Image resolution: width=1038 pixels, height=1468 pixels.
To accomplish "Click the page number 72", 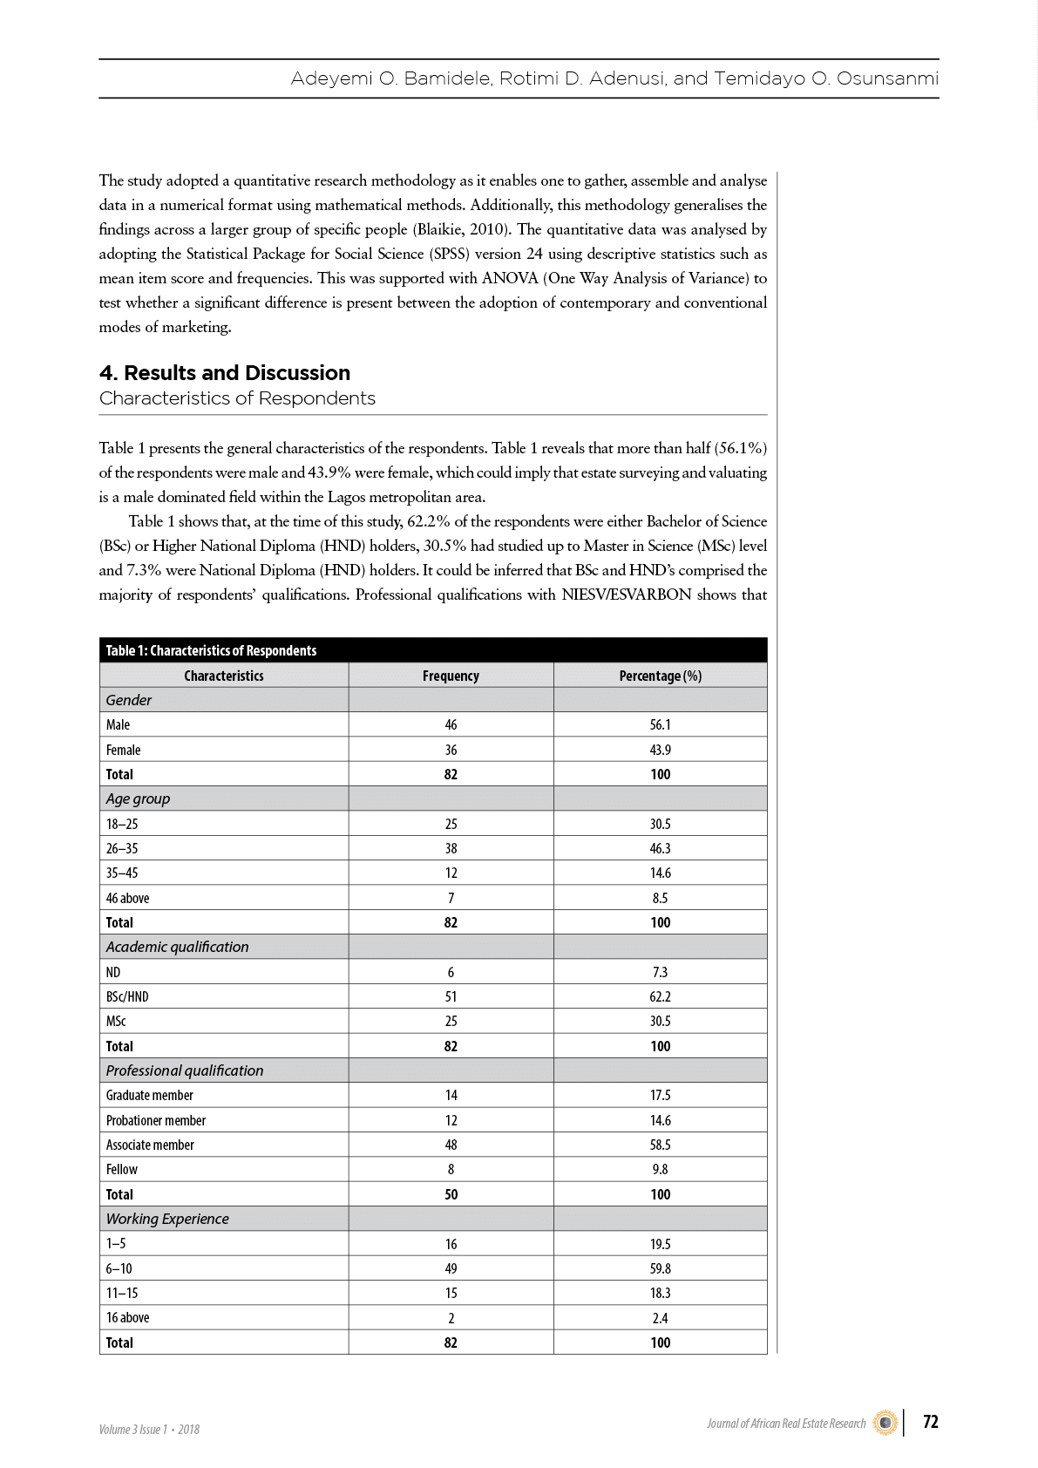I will pos(930,1422).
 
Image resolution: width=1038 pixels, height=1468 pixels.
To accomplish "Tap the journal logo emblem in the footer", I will pos(885,1423).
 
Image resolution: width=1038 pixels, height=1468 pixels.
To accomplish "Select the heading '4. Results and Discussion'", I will pos(225,373).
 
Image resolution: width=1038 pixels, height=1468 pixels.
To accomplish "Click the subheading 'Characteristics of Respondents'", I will pos(237,398).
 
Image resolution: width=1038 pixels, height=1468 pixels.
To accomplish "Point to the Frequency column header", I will pos(451,676).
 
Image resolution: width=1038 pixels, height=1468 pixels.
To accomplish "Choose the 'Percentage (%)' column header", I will pos(660,676).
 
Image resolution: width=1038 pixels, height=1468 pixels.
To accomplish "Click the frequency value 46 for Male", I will pos(451,725).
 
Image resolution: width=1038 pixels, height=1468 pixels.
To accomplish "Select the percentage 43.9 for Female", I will pos(660,750).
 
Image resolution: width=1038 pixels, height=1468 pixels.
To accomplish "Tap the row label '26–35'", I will pos(122,848).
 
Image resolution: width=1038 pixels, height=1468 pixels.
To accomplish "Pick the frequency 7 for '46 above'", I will pos(451,898).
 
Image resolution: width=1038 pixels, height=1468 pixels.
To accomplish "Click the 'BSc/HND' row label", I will pos(127,996).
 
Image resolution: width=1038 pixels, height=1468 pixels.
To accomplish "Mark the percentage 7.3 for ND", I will pos(660,972).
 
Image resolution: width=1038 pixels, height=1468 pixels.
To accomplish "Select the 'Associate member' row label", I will pos(150,1145).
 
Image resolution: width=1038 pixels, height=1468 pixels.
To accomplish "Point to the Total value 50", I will pos(451,1194).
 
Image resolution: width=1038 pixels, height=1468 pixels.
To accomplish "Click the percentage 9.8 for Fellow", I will pos(660,1169).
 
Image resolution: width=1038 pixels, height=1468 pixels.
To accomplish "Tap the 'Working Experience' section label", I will pos(167,1219).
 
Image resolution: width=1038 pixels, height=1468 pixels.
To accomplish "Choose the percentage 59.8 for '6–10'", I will pos(660,1268).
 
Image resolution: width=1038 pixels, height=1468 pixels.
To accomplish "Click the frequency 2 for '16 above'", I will pos(451,1318).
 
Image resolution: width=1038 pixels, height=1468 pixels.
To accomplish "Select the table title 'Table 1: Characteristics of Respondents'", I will pos(211,650).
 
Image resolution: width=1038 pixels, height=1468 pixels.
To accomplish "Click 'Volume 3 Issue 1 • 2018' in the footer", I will pos(149,1429).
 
